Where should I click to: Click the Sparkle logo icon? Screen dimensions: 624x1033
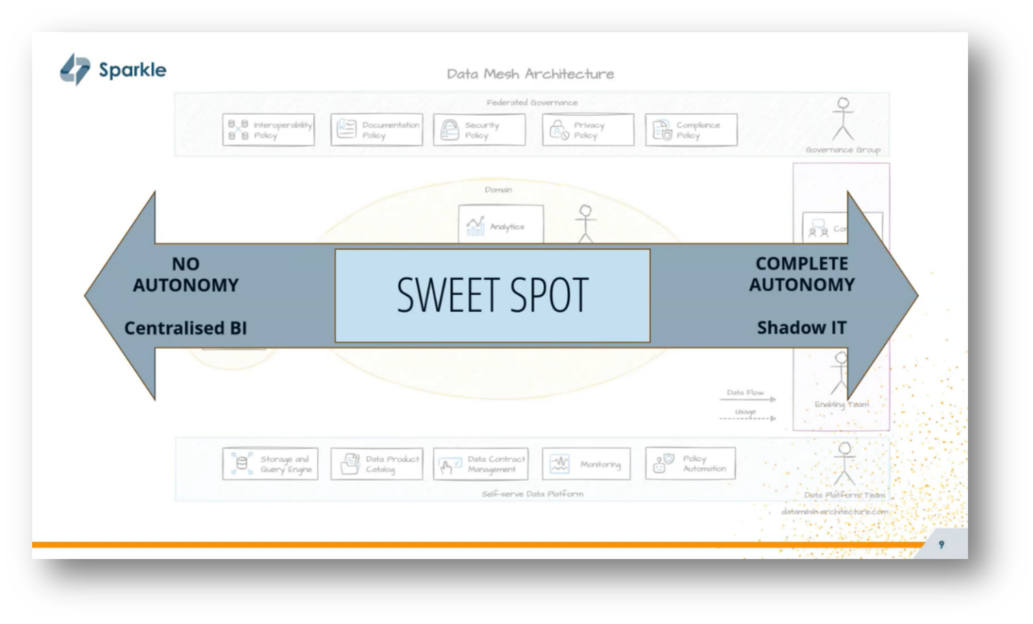coord(75,70)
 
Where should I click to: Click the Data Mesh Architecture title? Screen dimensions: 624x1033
coord(530,74)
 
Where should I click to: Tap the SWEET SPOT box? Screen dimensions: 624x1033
coord(492,296)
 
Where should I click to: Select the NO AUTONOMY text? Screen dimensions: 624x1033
coord(185,274)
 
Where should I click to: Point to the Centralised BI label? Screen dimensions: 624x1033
coord(185,328)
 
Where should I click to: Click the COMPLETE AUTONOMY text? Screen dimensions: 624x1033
coord(802,274)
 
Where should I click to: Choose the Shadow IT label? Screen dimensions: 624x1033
coord(802,328)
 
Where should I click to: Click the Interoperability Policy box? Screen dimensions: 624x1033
coord(269,130)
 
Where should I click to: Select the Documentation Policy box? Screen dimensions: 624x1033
coord(377,130)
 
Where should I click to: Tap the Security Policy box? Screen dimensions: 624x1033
coord(480,130)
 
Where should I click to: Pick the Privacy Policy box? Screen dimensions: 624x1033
coord(588,130)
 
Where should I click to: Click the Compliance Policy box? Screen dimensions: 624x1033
coord(691,130)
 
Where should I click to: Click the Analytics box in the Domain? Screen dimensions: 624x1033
coord(501,225)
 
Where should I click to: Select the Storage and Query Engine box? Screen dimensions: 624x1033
coord(270,464)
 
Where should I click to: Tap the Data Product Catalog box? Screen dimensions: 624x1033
coord(377,464)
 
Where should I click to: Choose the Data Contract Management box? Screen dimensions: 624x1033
coord(481,464)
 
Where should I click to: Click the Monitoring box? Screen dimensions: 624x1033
coord(586,464)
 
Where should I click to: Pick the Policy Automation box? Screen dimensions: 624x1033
coord(690,464)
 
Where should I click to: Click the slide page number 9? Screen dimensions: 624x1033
coord(941,545)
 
